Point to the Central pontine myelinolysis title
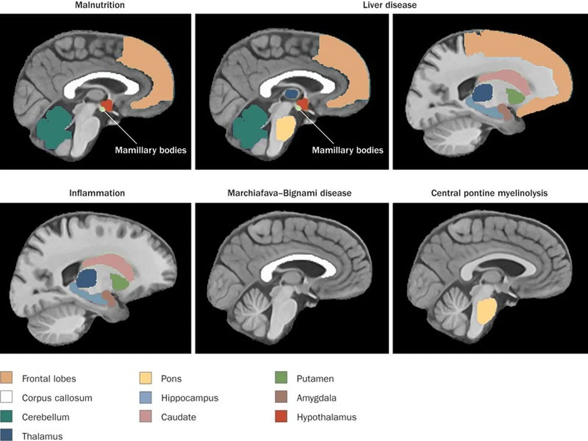(x=489, y=193)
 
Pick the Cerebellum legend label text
(x=46, y=417)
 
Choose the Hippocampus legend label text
(x=189, y=398)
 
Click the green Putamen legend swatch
(x=282, y=379)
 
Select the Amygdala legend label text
(x=317, y=398)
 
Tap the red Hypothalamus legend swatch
(x=282, y=417)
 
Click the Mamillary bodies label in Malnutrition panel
(x=150, y=150)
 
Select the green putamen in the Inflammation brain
(x=119, y=282)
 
